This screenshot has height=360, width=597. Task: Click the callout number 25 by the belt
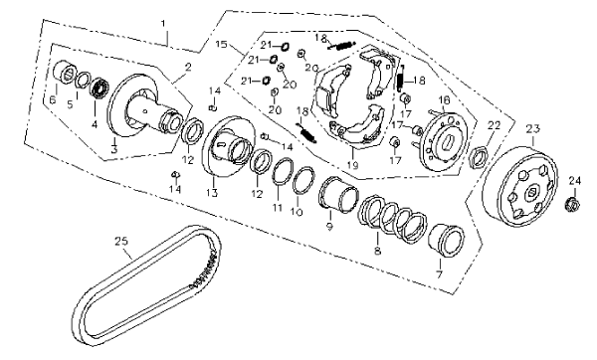(x=121, y=242)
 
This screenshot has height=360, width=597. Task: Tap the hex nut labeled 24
(x=572, y=204)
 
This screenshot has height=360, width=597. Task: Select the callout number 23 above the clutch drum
(x=533, y=129)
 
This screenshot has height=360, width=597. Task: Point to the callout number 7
(x=440, y=274)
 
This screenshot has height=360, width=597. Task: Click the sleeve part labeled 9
(x=338, y=193)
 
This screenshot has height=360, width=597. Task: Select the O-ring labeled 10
(x=303, y=180)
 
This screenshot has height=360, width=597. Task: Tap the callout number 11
(x=278, y=208)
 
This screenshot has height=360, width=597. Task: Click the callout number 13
(x=212, y=193)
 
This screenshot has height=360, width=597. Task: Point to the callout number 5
(x=70, y=104)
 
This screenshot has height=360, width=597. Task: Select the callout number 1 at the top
(x=163, y=24)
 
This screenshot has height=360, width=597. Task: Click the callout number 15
(x=221, y=45)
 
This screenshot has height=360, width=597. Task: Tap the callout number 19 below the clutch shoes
(x=352, y=165)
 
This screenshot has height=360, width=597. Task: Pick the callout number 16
(x=444, y=100)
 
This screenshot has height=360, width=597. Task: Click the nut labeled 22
(x=479, y=157)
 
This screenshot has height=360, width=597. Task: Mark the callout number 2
(x=188, y=68)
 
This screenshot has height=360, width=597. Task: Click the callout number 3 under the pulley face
(x=114, y=149)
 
